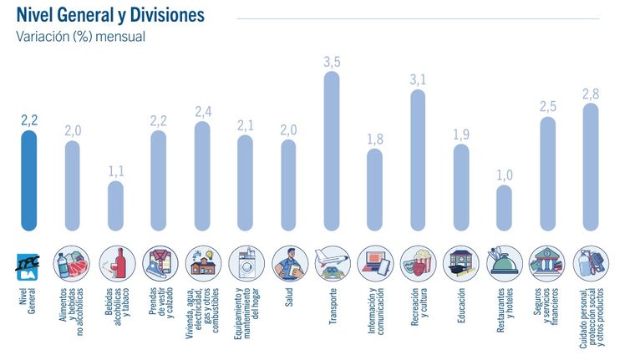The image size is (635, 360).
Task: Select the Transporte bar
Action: [x=332, y=151]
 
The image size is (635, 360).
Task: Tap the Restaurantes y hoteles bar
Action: [x=503, y=207]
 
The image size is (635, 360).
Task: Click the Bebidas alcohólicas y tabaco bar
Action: [x=115, y=205]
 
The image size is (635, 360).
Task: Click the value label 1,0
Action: [x=503, y=174]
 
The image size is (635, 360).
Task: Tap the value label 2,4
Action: [x=203, y=111]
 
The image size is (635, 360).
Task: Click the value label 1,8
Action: [x=375, y=139]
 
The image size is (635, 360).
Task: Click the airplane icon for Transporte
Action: [x=332, y=262]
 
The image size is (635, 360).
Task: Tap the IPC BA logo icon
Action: [x=29, y=262]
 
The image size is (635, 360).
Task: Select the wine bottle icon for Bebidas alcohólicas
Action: [x=115, y=262]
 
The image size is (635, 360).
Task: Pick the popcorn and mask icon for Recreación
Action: [x=418, y=262]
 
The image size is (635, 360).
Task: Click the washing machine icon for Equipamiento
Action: [x=245, y=262]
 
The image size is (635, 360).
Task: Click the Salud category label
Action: [x=288, y=297]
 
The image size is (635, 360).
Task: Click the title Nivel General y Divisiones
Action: [x=109, y=16]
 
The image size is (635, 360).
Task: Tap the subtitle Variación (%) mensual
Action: [x=80, y=36]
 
